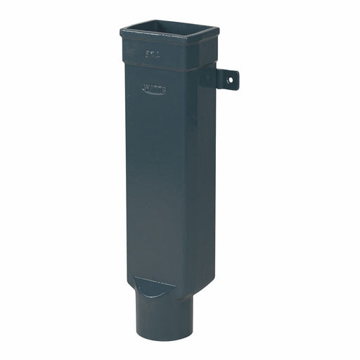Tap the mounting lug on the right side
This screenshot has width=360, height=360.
coord(226,79)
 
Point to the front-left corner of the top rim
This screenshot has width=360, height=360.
coord(122,32)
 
